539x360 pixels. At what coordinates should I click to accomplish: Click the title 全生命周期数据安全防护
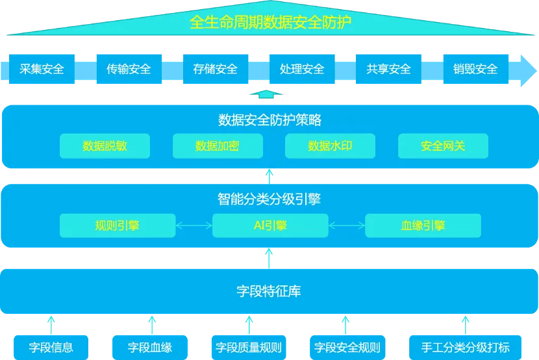270,23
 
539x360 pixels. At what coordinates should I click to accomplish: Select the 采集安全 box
42,68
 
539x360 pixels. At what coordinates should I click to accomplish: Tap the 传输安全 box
129,68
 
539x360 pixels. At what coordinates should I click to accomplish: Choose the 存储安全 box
216,68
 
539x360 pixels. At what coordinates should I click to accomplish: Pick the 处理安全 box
302,68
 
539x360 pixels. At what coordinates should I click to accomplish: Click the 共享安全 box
388,68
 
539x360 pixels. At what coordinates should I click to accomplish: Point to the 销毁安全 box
475,68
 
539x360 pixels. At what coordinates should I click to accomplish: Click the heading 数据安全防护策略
270,120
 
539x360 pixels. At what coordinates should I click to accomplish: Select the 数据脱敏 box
105,146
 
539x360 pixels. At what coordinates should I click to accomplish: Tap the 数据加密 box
218,146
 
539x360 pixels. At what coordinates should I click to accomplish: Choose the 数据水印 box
330,146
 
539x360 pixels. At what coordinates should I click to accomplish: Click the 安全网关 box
443,146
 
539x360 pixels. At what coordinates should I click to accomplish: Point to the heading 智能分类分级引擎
270,199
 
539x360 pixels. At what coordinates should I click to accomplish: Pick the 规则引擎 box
118,225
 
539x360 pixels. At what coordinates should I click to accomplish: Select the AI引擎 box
270,225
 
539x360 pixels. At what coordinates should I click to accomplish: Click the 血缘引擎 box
423,225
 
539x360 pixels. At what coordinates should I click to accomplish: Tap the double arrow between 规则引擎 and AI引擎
194,226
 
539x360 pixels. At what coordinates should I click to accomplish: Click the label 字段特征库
269,291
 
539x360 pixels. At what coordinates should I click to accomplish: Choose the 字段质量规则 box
249,347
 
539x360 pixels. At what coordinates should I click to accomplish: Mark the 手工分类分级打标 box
466,347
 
